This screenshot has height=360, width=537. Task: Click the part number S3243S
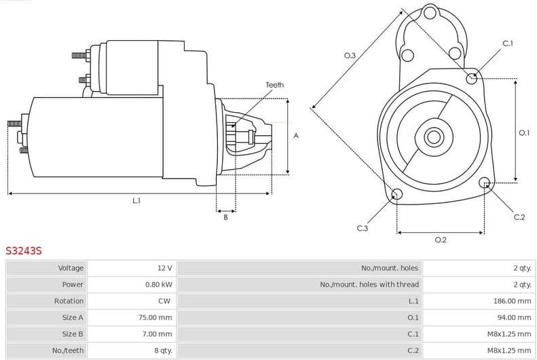(x=24, y=251)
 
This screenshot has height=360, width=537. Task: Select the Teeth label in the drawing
(x=274, y=85)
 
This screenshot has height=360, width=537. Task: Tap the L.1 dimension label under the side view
(x=136, y=200)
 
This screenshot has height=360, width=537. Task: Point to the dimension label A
(x=295, y=136)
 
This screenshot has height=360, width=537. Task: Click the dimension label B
(x=225, y=217)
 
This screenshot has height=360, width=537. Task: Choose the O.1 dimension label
(x=523, y=133)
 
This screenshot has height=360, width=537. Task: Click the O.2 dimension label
(x=440, y=240)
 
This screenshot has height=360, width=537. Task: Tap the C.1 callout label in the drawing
(x=507, y=43)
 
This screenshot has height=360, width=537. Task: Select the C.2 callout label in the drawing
(x=519, y=217)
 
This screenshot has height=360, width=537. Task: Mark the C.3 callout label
(x=362, y=228)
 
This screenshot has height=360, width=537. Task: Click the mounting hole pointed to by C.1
(x=472, y=78)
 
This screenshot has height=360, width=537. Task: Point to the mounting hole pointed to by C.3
(x=397, y=196)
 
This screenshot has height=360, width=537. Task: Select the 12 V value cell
(x=164, y=268)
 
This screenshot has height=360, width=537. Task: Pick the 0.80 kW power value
(x=158, y=285)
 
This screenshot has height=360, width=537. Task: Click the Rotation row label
(x=69, y=301)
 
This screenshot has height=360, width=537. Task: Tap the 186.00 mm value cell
(x=512, y=301)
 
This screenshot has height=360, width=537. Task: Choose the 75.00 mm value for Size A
(x=155, y=317)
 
